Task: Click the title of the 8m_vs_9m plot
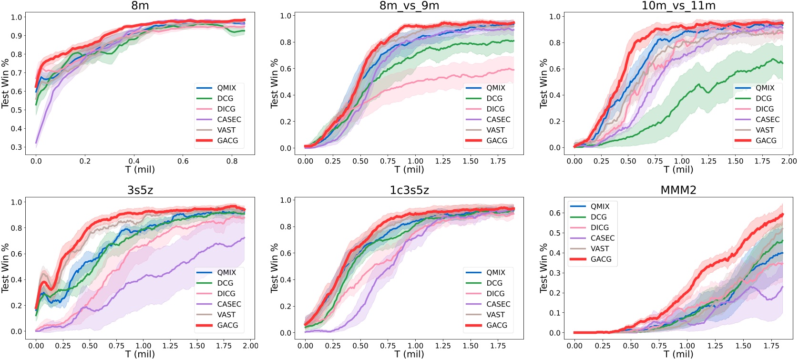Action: [409, 6]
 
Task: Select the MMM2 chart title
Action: [678, 190]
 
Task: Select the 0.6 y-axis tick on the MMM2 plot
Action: [554, 213]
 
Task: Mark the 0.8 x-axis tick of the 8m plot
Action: [232, 161]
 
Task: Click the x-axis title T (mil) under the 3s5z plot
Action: [140, 354]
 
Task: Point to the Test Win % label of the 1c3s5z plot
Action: [275, 268]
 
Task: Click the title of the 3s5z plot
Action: [140, 190]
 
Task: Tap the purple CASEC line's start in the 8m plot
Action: [36, 143]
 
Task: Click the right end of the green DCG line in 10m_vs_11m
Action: [783, 63]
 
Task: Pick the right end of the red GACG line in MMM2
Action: [783, 214]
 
